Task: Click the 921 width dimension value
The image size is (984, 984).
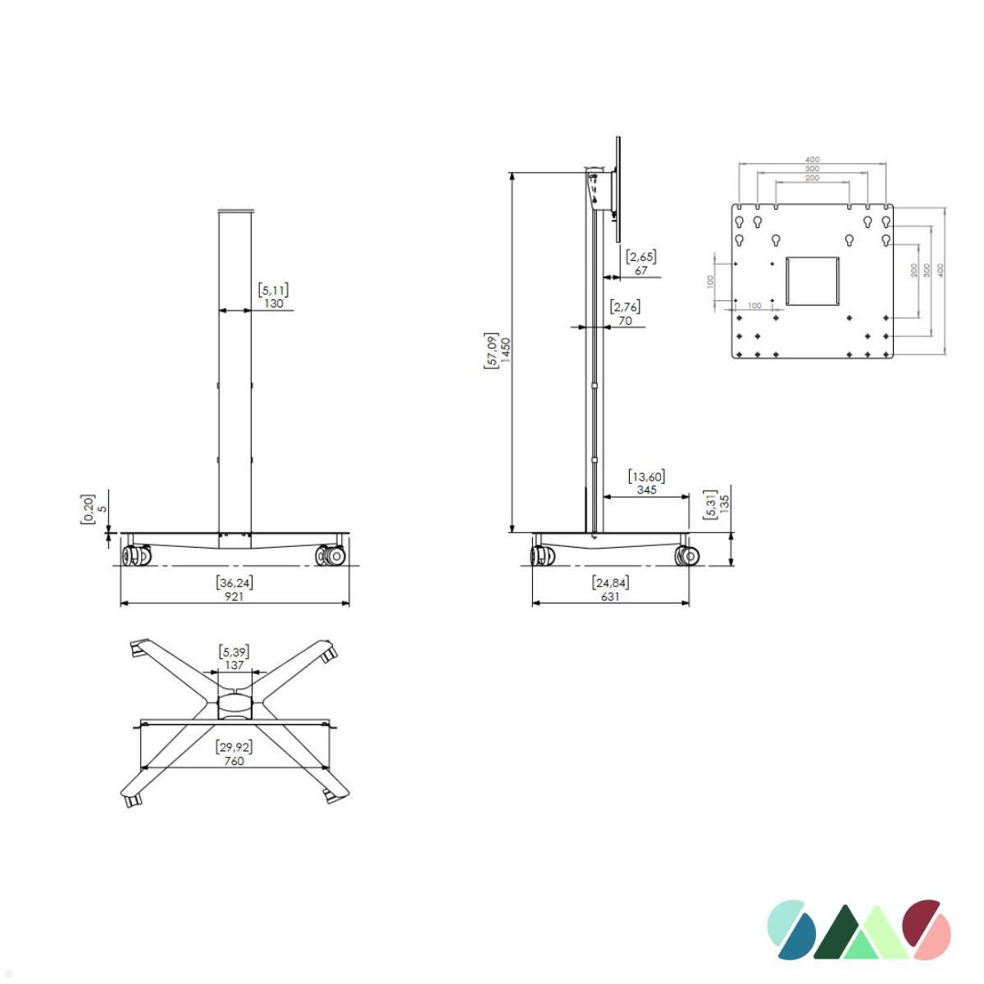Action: tap(235, 596)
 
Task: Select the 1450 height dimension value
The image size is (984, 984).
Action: tap(505, 351)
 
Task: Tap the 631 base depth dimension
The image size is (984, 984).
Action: tap(610, 596)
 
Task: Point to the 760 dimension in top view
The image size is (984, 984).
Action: tap(234, 761)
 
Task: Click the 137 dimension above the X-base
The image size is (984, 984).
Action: tap(235, 665)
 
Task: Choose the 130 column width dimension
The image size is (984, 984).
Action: tap(274, 303)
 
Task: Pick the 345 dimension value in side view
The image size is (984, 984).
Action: tap(646, 490)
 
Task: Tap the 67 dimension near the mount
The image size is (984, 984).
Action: tap(641, 271)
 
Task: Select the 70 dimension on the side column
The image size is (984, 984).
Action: tap(625, 321)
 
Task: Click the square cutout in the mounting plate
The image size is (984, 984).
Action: tap(813, 281)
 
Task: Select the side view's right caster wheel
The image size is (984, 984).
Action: tap(686, 556)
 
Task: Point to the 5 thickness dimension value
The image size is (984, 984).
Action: tap(102, 508)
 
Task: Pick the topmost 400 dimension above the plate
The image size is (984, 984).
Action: tap(812, 160)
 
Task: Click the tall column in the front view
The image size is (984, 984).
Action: tap(235, 369)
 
